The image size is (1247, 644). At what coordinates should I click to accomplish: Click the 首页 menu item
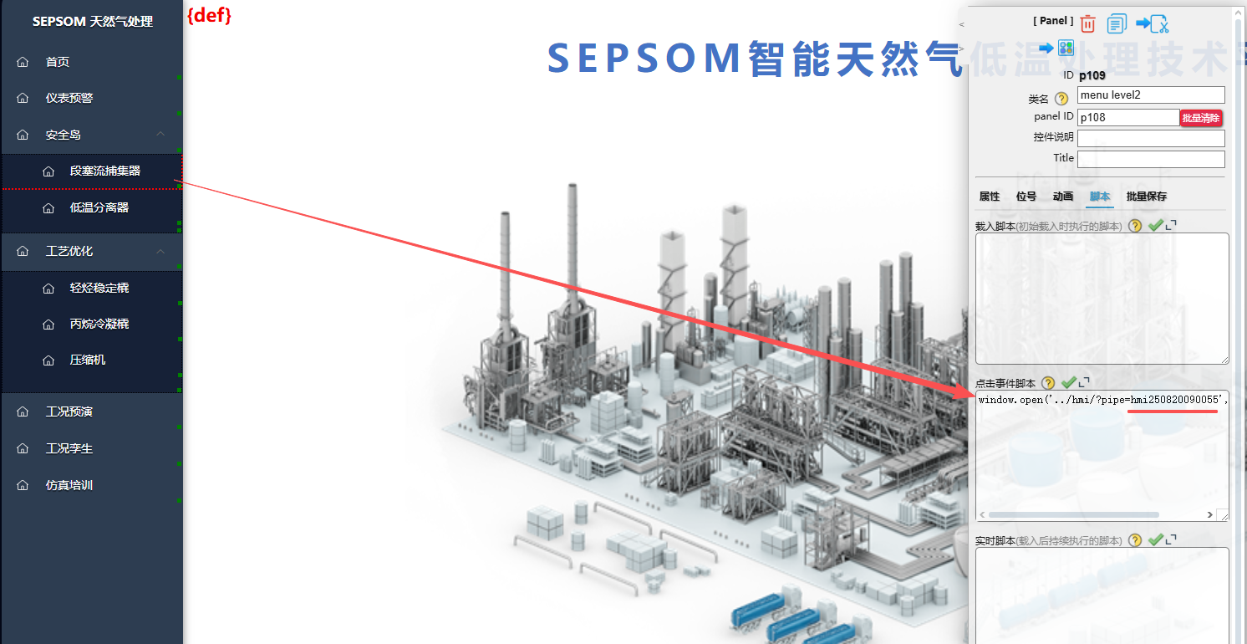click(x=58, y=62)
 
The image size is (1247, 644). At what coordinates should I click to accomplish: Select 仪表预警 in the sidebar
click(x=69, y=98)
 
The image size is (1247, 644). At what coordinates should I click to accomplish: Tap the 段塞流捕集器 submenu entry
click(x=104, y=171)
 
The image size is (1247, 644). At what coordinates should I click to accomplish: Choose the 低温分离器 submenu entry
click(x=99, y=207)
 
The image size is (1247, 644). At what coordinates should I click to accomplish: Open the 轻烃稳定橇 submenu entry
click(x=99, y=288)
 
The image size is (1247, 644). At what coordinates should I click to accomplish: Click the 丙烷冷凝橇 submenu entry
click(x=99, y=324)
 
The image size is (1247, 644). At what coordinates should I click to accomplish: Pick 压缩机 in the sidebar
click(x=88, y=360)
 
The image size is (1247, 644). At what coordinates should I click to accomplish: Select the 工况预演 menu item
click(x=69, y=411)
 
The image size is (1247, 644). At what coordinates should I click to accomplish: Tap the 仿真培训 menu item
click(x=69, y=485)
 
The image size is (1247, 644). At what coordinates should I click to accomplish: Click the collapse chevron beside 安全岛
click(x=160, y=135)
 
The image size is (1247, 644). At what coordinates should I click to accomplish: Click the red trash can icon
click(x=1087, y=23)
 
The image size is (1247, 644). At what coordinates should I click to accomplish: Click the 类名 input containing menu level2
click(x=1151, y=95)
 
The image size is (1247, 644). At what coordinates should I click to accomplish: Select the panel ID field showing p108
click(x=1127, y=118)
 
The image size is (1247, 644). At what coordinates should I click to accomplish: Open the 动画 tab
click(x=1063, y=197)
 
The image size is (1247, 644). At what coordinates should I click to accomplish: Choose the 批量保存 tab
click(x=1146, y=197)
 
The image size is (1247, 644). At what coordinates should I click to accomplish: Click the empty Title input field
click(x=1151, y=159)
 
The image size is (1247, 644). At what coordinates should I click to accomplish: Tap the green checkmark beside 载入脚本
click(x=1156, y=225)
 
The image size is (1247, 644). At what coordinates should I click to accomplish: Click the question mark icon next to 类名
click(x=1061, y=99)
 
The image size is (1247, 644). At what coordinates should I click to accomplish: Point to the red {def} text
click(x=209, y=15)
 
